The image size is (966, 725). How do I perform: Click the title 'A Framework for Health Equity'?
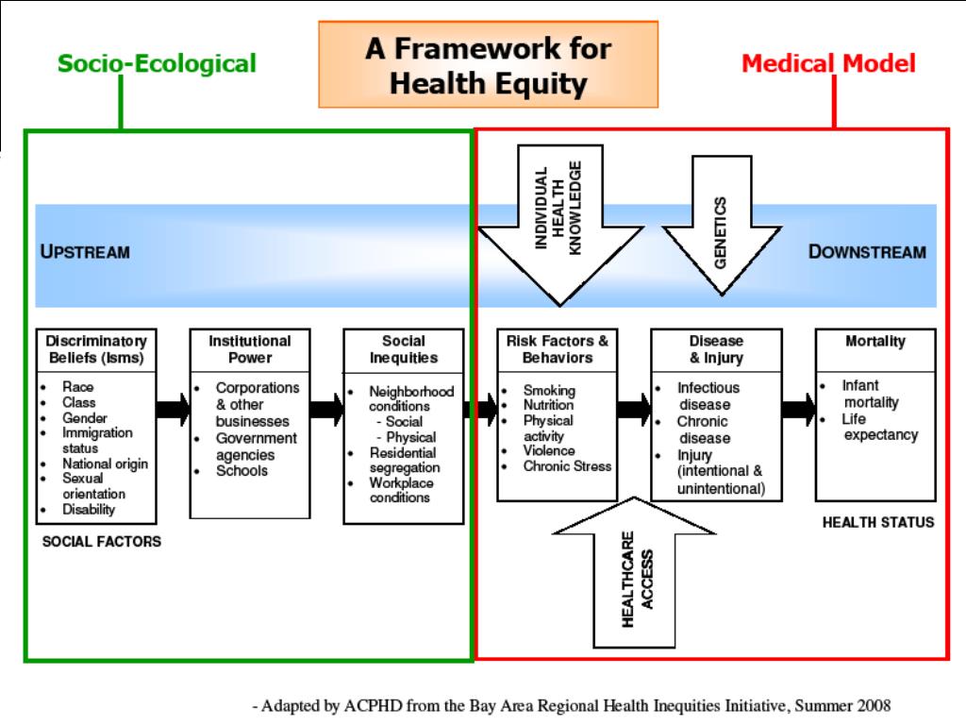(488, 65)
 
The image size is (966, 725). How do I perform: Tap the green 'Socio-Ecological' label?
(157, 63)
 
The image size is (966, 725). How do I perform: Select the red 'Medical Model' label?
(828, 63)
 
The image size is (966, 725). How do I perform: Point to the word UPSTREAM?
(85, 251)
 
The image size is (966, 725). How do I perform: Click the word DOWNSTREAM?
(867, 251)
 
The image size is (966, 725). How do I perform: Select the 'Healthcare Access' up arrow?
(634, 572)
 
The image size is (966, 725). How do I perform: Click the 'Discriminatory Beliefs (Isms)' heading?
(96, 349)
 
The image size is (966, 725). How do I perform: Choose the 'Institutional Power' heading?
(249, 349)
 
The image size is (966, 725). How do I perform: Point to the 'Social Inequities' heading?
(404, 349)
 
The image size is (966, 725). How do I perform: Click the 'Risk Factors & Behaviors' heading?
(557, 349)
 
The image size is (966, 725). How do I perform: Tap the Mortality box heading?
(875, 342)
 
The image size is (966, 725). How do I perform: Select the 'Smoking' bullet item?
(549, 390)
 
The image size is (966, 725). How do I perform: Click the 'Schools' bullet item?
(241, 471)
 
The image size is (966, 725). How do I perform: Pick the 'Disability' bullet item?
(89, 509)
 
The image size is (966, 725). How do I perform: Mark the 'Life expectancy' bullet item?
(880, 427)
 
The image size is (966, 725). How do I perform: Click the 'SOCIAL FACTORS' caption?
(102, 541)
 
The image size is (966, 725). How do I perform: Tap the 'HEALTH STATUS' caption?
(878, 522)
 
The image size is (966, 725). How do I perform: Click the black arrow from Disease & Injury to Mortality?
(798, 409)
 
